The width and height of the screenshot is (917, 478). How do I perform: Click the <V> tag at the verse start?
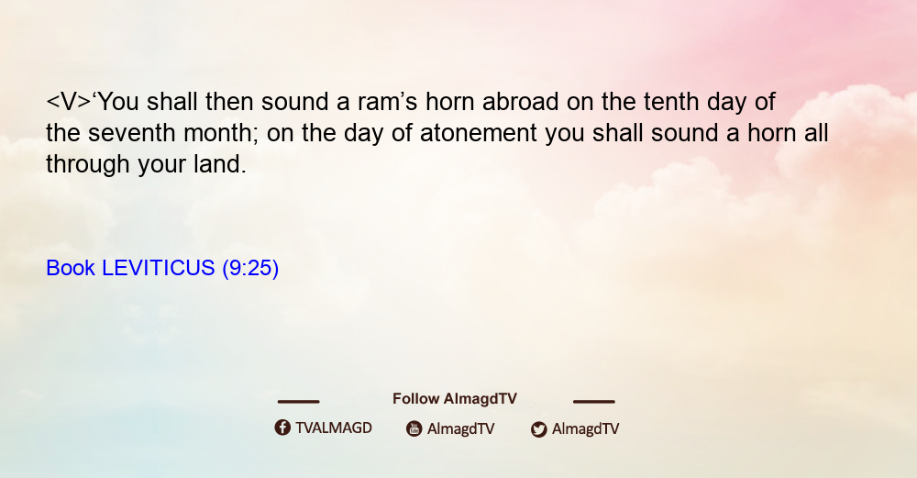point(69,102)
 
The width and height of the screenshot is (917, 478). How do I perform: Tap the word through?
point(88,165)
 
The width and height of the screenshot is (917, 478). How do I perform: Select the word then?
point(229,102)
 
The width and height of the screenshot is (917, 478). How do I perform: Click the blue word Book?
point(71,268)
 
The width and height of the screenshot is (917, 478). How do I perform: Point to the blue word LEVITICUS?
point(159,268)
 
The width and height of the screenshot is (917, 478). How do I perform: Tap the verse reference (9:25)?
point(250,269)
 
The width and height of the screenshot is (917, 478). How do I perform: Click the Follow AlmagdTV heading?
point(455,399)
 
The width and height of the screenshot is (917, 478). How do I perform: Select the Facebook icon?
point(282,428)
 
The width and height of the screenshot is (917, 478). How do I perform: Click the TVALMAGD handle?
point(334,428)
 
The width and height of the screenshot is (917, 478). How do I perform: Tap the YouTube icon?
point(414,428)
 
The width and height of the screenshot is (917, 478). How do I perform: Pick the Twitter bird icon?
point(538,429)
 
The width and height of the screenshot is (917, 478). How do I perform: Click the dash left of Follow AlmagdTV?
point(298,401)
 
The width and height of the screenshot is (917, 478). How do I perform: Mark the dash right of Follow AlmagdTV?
point(594,401)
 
